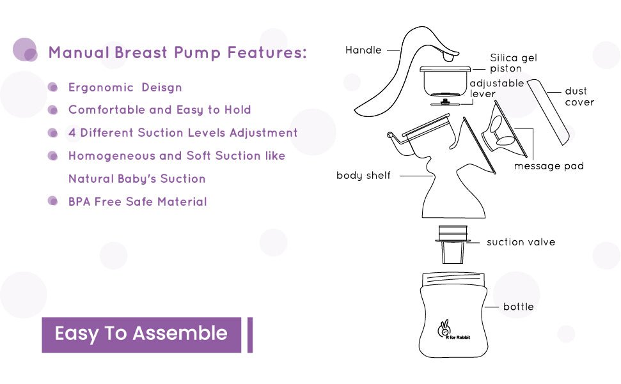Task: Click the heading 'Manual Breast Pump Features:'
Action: [177, 52]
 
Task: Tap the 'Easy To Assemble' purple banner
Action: [141, 334]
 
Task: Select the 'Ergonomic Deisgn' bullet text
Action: [125, 88]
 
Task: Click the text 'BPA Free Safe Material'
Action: [138, 202]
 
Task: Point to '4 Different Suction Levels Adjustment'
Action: [183, 133]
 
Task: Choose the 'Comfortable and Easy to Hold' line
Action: [159, 110]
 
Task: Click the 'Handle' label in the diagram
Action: [363, 50]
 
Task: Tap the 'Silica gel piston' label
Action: [513, 63]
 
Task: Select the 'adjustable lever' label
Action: [496, 88]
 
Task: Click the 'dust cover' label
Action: [579, 96]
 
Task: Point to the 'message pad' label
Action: [549, 166]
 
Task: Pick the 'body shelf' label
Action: [363, 175]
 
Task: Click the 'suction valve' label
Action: [521, 242]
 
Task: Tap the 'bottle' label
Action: [518, 307]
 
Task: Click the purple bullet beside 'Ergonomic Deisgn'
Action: [54, 88]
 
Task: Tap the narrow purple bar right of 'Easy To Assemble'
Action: [249, 334]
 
